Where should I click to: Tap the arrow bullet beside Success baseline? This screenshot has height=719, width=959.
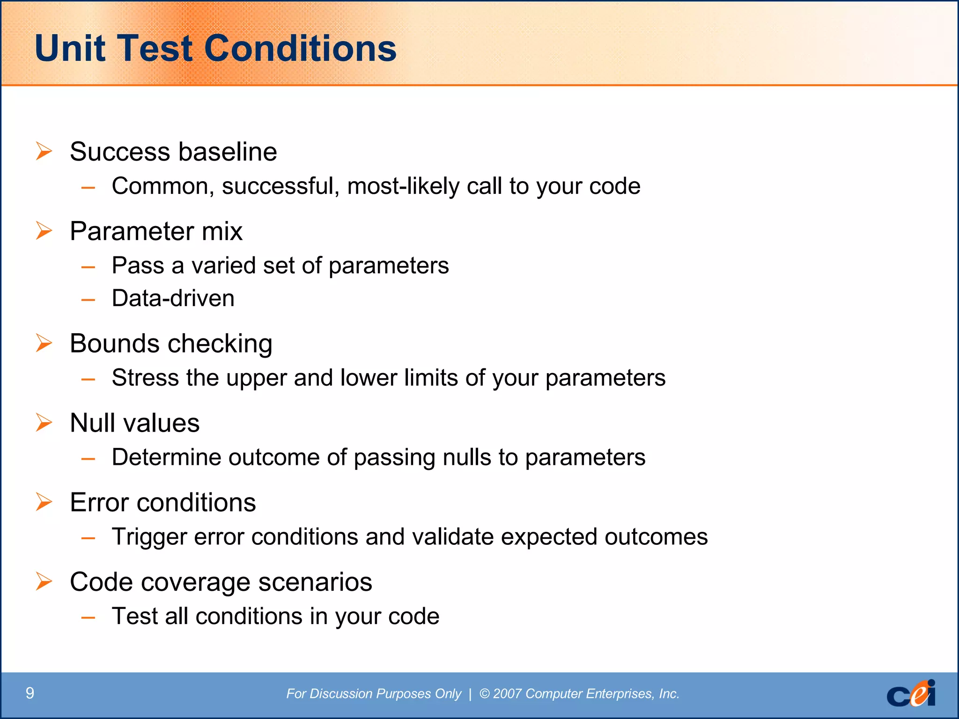click(44, 151)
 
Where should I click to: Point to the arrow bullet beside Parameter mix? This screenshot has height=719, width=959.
click(44, 231)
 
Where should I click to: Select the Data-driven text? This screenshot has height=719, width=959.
click(173, 298)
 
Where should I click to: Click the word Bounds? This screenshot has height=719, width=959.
click(115, 343)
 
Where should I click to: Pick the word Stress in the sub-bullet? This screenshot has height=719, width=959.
click(145, 378)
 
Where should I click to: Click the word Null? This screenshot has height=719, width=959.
click(92, 423)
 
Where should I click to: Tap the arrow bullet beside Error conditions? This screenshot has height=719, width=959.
click(44, 502)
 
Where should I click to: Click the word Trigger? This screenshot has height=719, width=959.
click(149, 537)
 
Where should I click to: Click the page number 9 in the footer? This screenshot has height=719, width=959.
click(30, 693)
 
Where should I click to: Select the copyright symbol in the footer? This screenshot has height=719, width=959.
click(485, 694)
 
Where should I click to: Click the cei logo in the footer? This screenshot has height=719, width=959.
click(911, 694)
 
